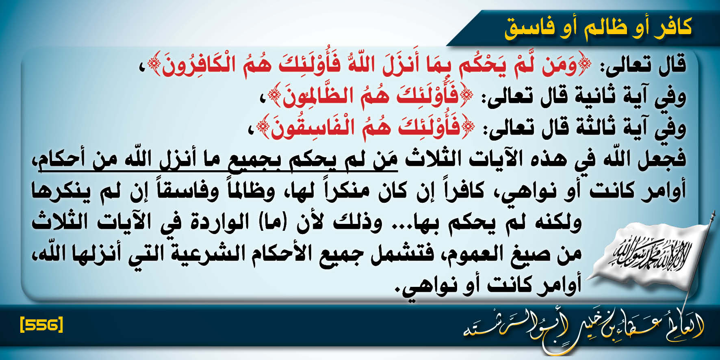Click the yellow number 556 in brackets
pos(41,325)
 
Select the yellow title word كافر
pos(672,27)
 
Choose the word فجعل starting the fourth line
pos(662,159)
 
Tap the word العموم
pos(475,254)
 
